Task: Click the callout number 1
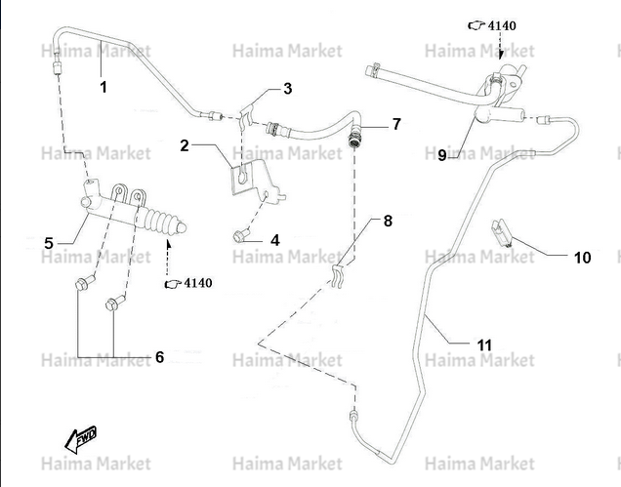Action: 103,87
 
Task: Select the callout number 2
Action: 185,145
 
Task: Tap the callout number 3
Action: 287,89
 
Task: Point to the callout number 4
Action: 274,240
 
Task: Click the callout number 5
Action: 49,243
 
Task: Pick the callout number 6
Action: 159,357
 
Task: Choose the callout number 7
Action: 396,124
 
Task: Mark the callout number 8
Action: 388,221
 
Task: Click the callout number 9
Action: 442,155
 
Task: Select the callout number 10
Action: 582,258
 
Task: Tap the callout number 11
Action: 484,345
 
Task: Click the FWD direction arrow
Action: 81,439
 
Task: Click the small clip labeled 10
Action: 501,233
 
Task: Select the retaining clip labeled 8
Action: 337,276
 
